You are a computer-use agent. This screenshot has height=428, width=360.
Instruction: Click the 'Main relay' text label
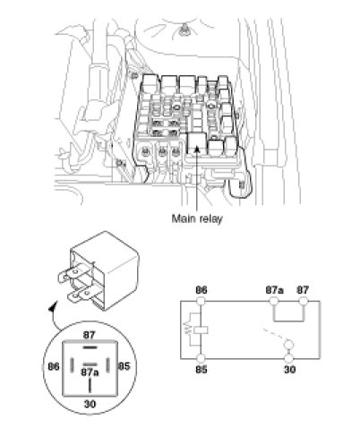pos(197,218)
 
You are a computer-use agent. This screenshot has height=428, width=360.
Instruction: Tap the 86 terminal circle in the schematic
pos(201,301)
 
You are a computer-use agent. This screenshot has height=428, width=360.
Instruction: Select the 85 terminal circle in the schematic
pos(201,358)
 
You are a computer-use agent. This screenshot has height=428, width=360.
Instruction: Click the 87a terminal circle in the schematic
pos(274,301)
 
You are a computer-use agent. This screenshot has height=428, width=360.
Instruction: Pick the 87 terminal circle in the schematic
pos(304,301)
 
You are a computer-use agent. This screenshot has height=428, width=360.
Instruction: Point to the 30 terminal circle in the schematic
pos(289,358)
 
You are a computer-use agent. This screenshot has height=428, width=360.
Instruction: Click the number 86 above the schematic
pos(201,290)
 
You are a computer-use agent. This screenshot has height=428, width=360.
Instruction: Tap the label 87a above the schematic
pos(274,290)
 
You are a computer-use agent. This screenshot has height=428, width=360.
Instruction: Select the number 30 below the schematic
pos(289,370)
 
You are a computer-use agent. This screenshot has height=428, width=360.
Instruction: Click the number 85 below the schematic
pos(201,370)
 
